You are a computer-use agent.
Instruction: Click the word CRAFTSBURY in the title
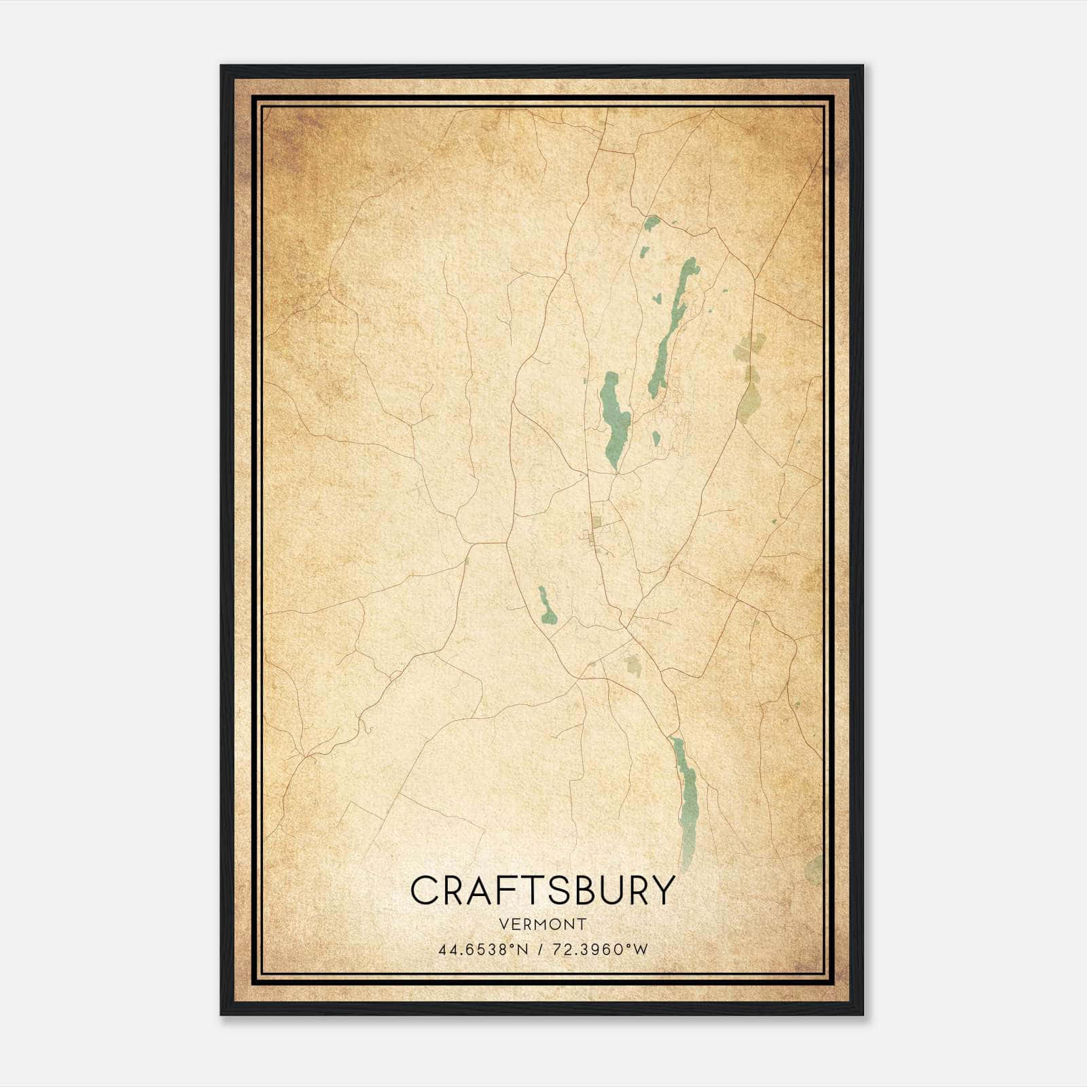[543, 890]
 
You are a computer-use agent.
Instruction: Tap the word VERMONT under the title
[543, 924]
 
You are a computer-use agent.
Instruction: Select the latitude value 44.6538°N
[482, 950]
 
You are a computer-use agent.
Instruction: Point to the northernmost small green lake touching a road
[652, 223]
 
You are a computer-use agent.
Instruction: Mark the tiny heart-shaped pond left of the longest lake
[657, 298]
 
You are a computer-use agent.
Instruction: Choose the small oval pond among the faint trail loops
[656, 439]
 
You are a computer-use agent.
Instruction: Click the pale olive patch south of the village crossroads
[633, 664]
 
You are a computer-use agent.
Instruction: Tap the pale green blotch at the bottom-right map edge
[814, 870]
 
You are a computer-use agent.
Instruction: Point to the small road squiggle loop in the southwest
[366, 729]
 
